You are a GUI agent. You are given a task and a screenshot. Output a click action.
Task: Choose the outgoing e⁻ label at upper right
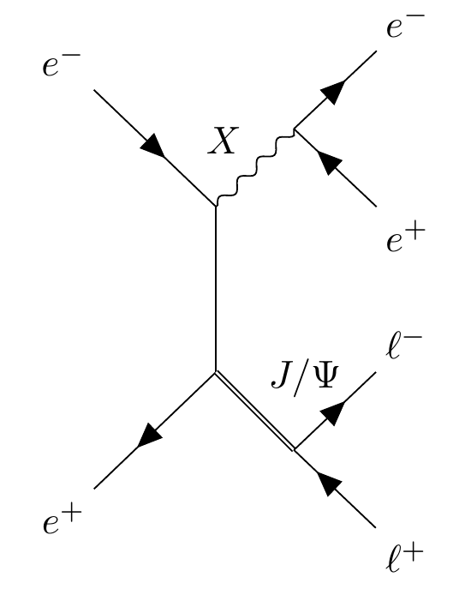pyautogui.click(x=404, y=27)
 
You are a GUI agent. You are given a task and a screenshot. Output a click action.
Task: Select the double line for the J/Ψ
pyautogui.click(x=254, y=412)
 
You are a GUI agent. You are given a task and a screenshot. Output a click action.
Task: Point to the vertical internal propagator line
pyautogui.click(x=215, y=287)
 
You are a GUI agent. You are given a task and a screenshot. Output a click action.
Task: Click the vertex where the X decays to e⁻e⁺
pyautogui.click(x=295, y=129)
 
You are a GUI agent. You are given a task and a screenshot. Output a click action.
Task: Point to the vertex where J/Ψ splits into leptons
pyautogui.click(x=295, y=449)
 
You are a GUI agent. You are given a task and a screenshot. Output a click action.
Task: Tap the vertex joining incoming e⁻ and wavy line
pyautogui.click(x=215, y=206)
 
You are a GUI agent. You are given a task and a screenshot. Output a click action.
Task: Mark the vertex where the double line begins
pyautogui.click(x=215, y=371)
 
